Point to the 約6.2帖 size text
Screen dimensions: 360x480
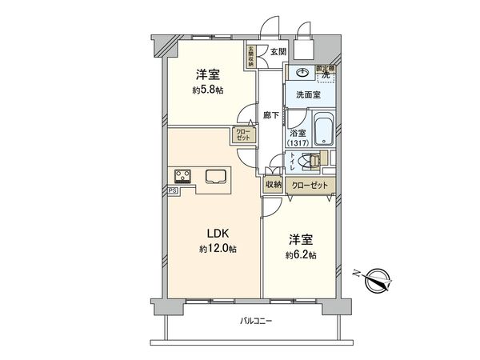[x=300, y=255]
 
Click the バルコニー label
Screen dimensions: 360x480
[x=256, y=322]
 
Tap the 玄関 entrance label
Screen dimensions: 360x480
[x=277, y=53]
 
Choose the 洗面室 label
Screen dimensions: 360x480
[x=308, y=94]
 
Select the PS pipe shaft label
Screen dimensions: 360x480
[x=172, y=191]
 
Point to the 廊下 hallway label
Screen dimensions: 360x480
[x=271, y=115]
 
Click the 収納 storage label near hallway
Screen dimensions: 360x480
[x=273, y=184]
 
